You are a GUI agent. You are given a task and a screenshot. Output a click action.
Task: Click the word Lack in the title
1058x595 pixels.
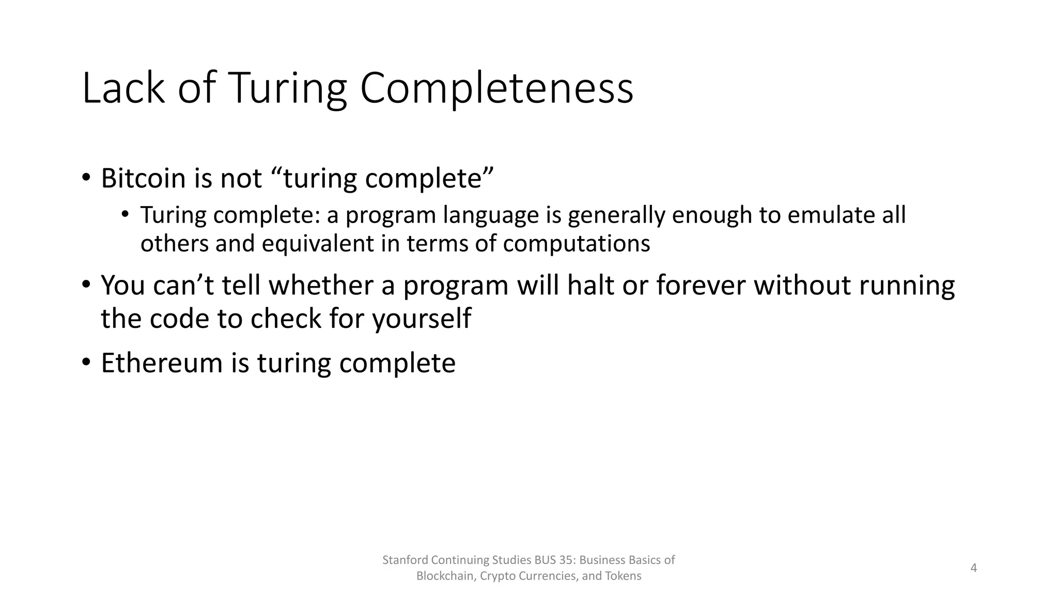[123, 89]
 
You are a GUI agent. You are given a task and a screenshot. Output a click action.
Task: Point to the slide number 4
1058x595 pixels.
[973, 568]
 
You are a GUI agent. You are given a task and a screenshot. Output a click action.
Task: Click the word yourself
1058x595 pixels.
[421, 319]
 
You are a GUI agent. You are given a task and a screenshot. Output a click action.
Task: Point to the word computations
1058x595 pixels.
[576, 244]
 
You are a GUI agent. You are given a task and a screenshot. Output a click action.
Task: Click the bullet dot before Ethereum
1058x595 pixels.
[86, 363]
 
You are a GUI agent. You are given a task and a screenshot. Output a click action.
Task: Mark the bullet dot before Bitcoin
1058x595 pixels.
[86, 178]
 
